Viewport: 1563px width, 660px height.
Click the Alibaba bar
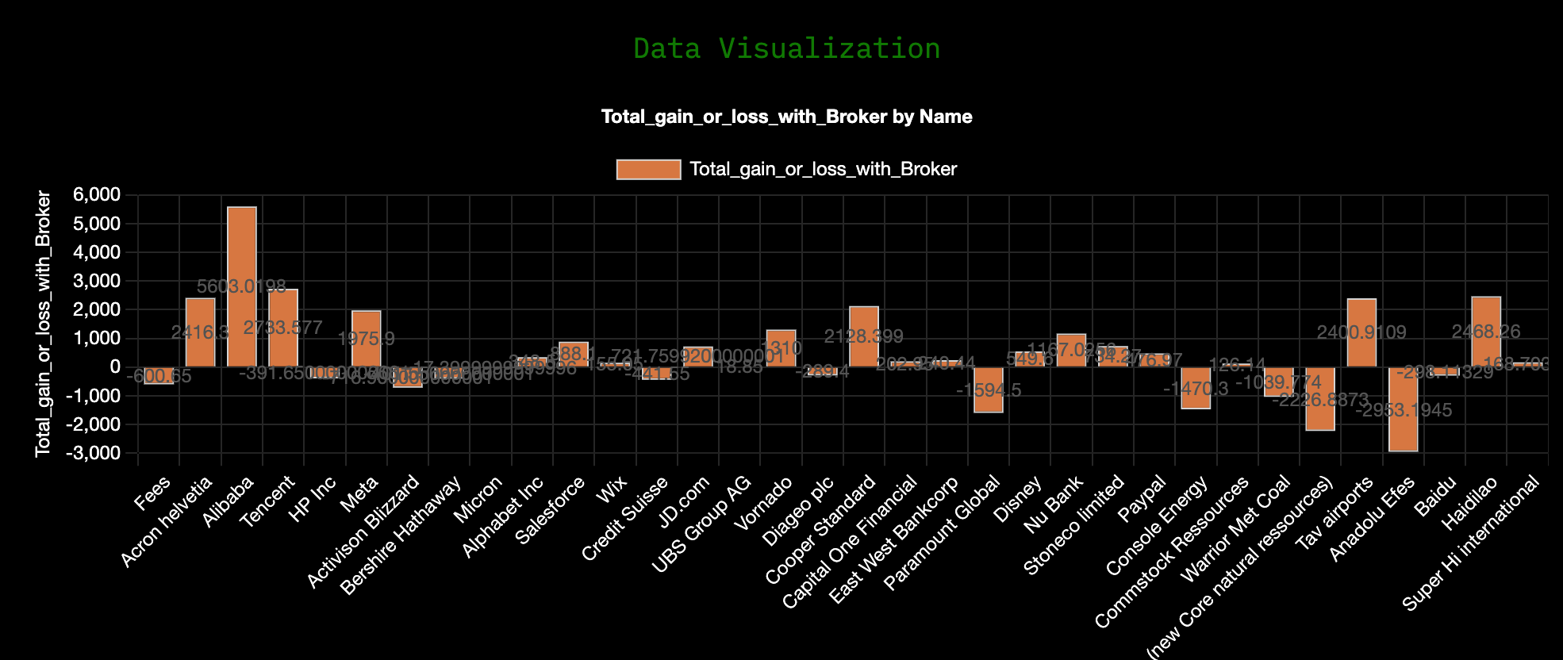[242, 286]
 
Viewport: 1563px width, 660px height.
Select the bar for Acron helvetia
[200, 332]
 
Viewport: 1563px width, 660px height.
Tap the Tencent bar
[283, 328]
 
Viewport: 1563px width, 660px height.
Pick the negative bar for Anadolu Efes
[1404, 409]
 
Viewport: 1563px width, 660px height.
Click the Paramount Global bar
[989, 389]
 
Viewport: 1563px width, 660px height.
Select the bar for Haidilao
[1486, 332]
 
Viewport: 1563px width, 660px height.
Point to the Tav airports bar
[1361, 332]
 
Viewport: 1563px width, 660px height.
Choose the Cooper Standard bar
[864, 336]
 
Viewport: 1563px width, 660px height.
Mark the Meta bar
[366, 339]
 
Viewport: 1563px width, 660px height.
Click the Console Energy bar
[1196, 388]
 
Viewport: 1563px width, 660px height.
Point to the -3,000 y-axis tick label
[94, 453]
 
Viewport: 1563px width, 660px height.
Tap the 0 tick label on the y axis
[115, 367]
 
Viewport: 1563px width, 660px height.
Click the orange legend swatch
[648, 170]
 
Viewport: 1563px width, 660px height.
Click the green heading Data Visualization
[786, 49]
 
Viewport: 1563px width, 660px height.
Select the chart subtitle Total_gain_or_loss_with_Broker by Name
[786, 117]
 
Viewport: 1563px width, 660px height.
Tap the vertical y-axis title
[43, 324]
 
